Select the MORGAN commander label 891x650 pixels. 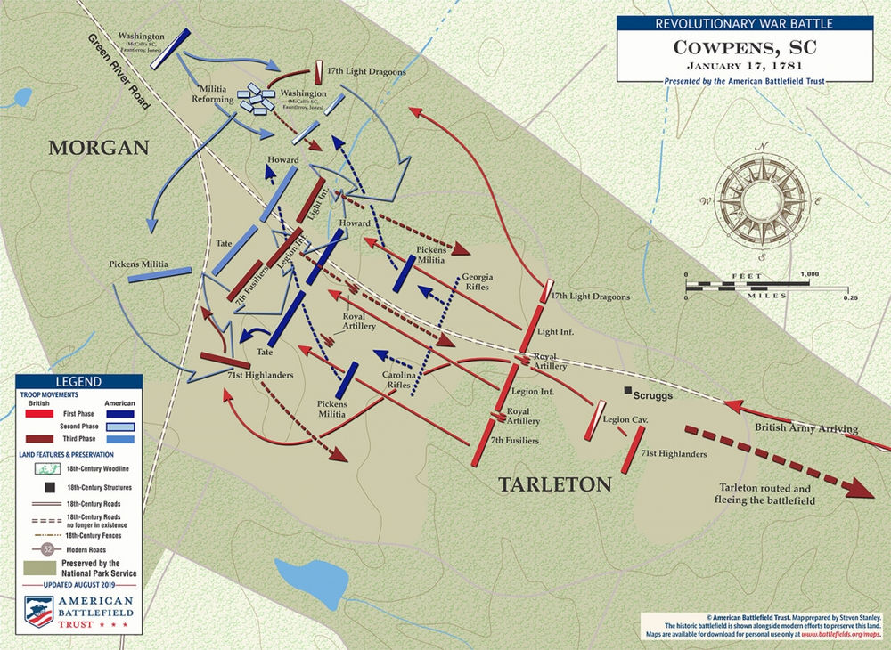[x=98, y=148]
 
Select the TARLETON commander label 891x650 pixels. [x=554, y=484]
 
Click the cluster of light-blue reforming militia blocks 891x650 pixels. [x=258, y=99]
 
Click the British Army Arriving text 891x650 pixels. [x=805, y=429]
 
